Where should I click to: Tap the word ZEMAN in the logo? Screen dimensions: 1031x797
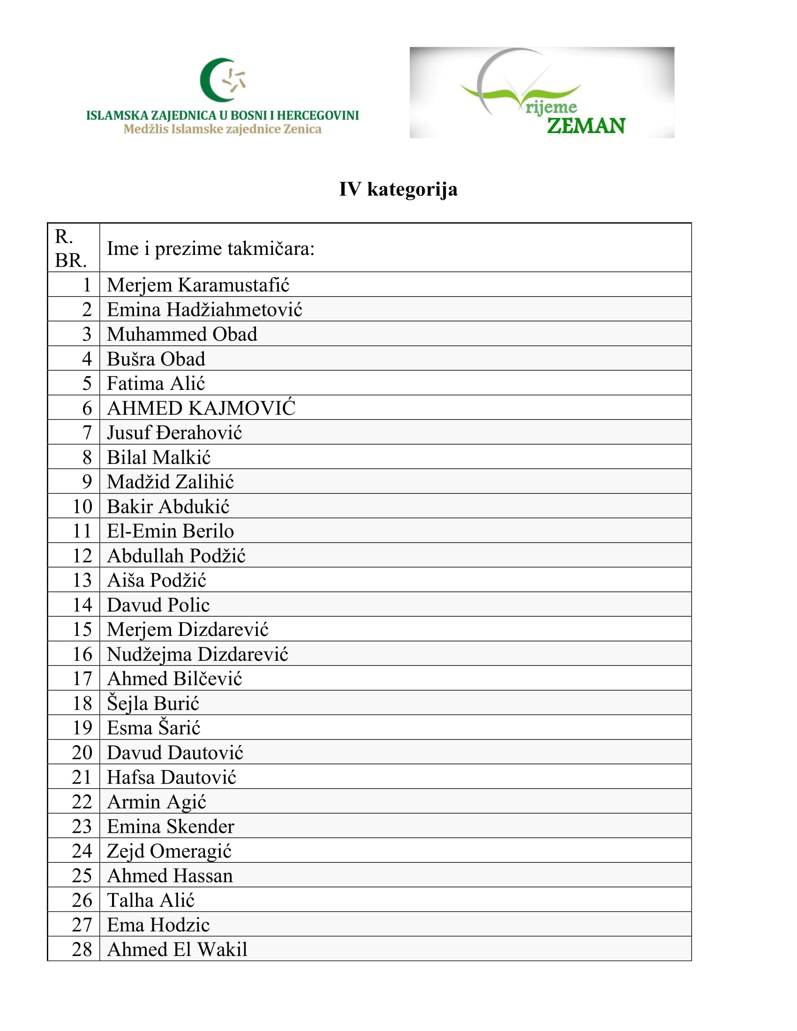pyautogui.click(x=586, y=126)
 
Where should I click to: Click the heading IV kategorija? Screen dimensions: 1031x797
pyautogui.click(x=398, y=189)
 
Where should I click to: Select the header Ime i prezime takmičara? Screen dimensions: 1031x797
pyautogui.click(x=211, y=249)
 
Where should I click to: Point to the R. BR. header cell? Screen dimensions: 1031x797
pyautogui.click(x=71, y=248)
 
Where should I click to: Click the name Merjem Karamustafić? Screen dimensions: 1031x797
pyautogui.click(x=198, y=285)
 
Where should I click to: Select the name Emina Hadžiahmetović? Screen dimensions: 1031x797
pyautogui.click(x=204, y=310)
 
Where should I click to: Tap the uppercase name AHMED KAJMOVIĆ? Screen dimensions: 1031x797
pyautogui.click(x=201, y=408)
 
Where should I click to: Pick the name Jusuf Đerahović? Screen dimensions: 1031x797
pyautogui.click(x=174, y=433)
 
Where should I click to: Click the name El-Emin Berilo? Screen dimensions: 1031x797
pyautogui.click(x=171, y=531)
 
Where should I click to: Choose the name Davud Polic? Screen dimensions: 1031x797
pyautogui.click(x=158, y=605)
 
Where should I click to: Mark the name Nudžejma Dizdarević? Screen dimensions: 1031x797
pyautogui.click(x=197, y=654)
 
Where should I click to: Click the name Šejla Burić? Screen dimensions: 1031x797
pyautogui.click(x=153, y=703)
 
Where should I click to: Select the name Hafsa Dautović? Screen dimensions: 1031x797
pyautogui.click(x=172, y=777)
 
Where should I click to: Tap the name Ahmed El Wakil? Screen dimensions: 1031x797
pyautogui.click(x=177, y=949)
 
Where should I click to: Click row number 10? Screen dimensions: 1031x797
pyautogui.click(x=82, y=507)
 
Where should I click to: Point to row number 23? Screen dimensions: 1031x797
pyautogui.click(x=82, y=827)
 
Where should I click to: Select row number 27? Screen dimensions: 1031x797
pyautogui.click(x=82, y=925)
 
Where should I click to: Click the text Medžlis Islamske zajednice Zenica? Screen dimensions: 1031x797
pyautogui.click(x=222, y=129)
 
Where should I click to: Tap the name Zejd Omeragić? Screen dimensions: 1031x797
pyautogui.click(x=169, y=851)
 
